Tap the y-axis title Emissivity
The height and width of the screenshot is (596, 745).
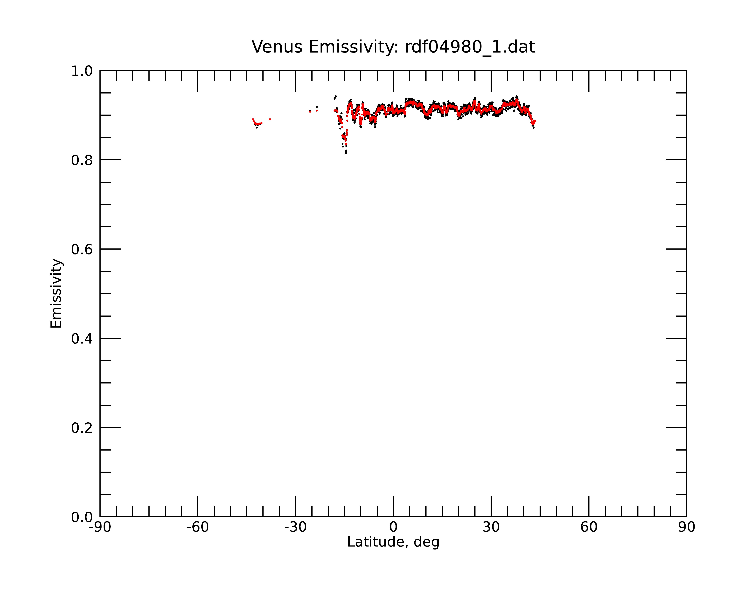click(56, 293)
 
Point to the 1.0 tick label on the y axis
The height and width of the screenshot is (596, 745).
click(82, 71)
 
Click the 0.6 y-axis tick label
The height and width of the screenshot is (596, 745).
click(82, 249)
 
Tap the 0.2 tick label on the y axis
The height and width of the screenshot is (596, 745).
click(82, 428)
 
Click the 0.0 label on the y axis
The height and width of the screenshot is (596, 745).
click(82, 517)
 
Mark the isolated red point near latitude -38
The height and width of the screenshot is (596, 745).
click(270, 119)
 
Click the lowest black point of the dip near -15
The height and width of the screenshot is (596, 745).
click(346, 153)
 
